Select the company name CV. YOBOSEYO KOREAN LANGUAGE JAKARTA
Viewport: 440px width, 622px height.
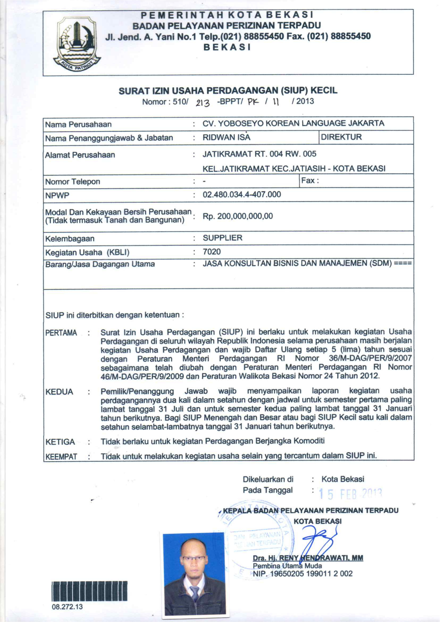click(293, 123)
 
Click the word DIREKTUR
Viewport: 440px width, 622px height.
click(341, 137)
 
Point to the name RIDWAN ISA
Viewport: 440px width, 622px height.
click(226, 137)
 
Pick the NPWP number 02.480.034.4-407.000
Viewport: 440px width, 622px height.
click(241, 195)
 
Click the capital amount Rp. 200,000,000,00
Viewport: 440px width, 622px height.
click(238, 216)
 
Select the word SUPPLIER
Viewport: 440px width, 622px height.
click(222, 238)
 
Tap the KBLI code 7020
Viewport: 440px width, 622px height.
click(212, 252)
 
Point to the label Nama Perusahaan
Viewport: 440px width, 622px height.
click(78, 124)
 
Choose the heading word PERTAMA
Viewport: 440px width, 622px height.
click(61, 333)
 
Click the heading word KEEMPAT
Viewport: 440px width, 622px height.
click(61, 457)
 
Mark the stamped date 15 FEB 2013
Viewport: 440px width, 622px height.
click(350, 494)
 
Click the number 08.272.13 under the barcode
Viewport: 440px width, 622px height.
click(67, 607)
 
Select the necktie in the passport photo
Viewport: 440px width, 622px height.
click(195, 593)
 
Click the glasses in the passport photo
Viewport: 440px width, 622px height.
click(194, 559)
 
